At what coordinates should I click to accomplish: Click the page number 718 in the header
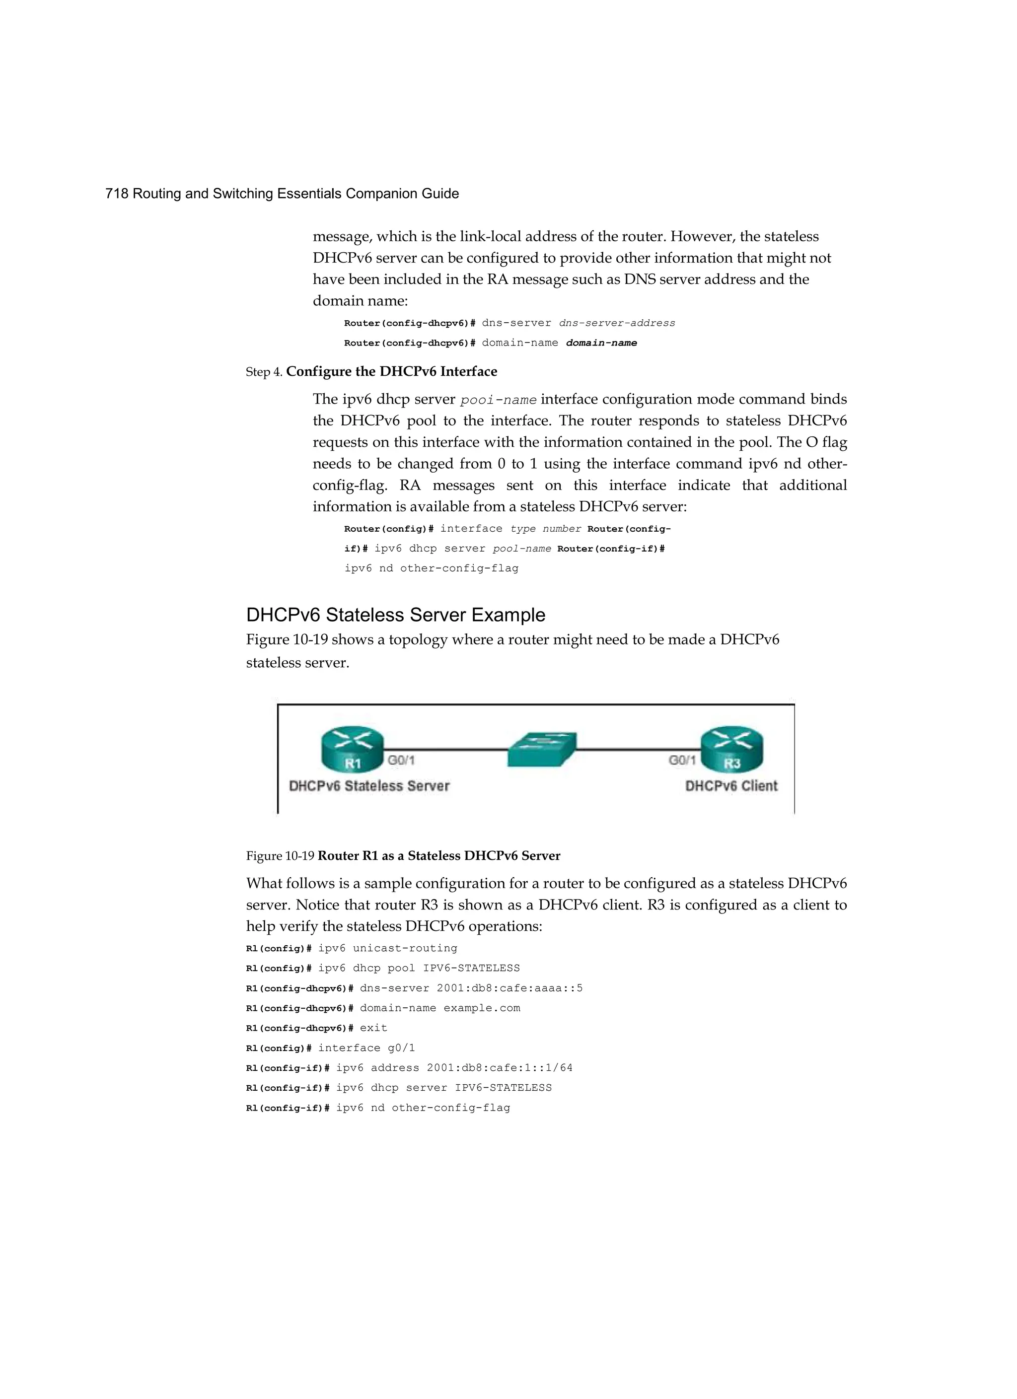117,194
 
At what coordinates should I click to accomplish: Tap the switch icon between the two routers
541,750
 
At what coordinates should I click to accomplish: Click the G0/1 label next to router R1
401,761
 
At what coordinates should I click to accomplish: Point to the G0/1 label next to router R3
682,761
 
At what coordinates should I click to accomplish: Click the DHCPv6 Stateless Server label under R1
369,786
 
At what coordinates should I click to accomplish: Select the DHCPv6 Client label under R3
731,786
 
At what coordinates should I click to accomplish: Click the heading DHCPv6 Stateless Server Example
396,615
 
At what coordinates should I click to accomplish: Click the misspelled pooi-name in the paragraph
499,400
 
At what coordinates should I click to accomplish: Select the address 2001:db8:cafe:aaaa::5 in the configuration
509,988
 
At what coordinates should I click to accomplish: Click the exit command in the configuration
373,1028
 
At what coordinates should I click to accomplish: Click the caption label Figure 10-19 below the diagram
280,856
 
